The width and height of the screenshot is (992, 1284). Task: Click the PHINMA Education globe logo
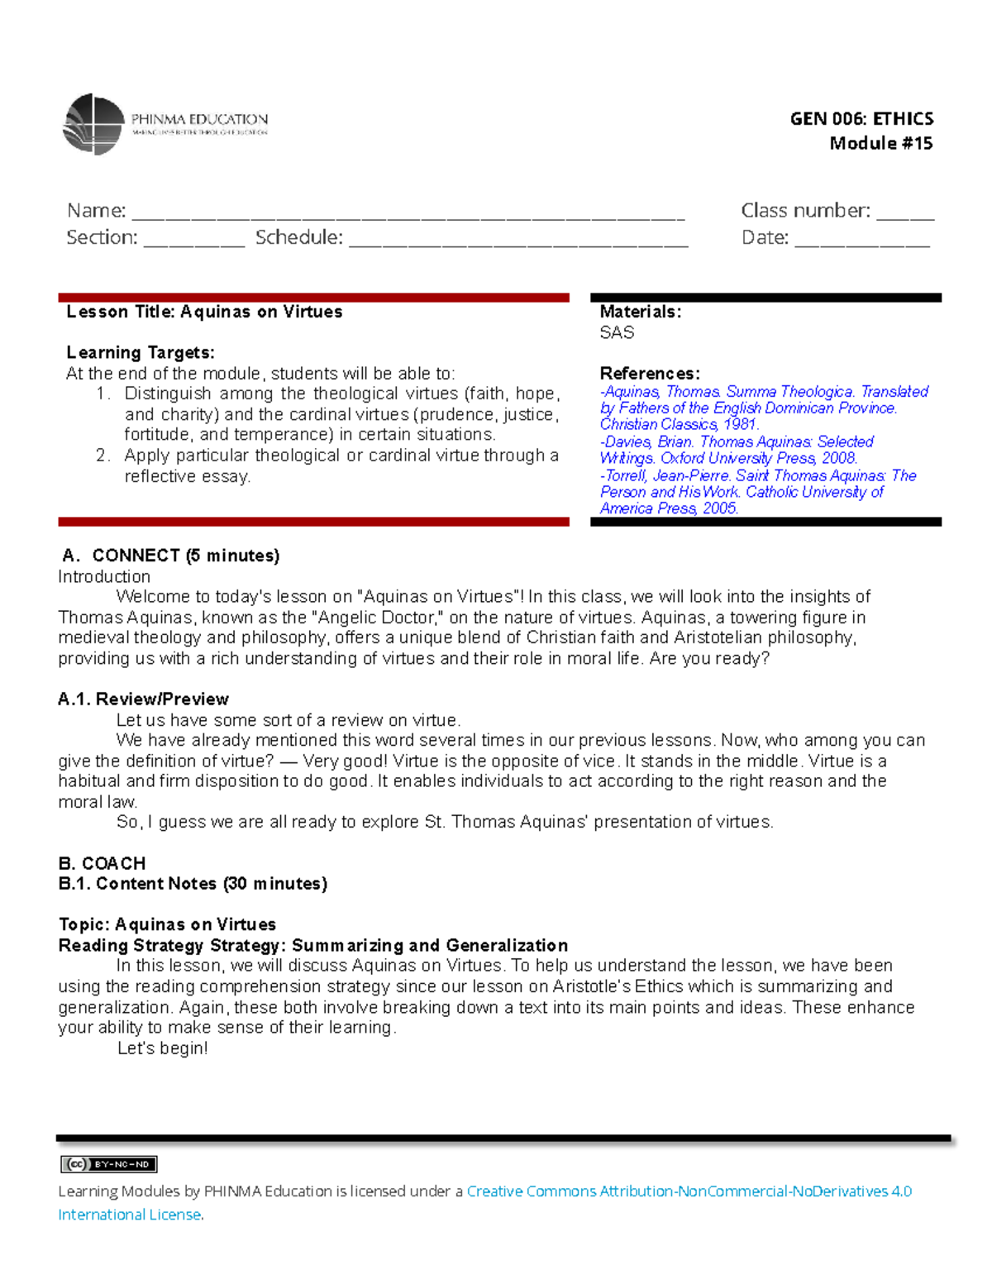93,124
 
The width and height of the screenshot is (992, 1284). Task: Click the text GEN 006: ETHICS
861,118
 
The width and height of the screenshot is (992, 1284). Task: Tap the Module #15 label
880,143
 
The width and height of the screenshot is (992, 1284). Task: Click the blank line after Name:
408,217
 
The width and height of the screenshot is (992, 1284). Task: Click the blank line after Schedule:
518,243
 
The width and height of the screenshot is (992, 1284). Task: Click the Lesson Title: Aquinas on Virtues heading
204,312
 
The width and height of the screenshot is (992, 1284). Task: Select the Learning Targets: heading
141,353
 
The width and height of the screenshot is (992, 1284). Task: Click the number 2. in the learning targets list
103,456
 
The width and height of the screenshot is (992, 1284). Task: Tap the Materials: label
640,312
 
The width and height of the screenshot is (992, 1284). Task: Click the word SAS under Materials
617,332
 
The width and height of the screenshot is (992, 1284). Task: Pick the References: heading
650,373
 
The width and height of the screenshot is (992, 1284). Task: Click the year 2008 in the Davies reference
838,458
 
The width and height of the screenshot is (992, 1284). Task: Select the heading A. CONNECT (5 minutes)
171,556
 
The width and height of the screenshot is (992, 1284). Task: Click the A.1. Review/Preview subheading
143,699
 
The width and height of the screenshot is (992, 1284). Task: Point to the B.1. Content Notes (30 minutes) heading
193,883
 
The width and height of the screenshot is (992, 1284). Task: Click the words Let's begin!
163,1048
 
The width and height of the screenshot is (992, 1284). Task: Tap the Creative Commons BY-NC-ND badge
108,1164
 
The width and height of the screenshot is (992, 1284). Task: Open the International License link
130,1215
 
